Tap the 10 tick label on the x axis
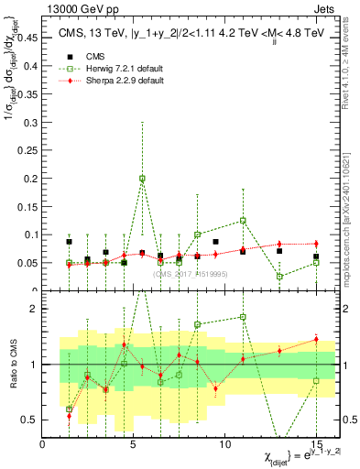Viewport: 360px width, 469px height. [x=224, y=444]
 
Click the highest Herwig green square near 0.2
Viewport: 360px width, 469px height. [x=142, y=178]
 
